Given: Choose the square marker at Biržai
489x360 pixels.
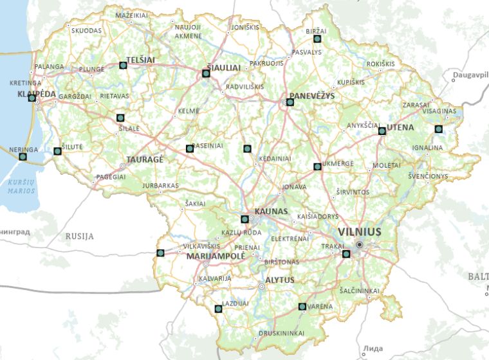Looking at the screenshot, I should [x=317, y=39].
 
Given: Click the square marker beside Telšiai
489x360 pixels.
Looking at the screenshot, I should [x=123, y=65].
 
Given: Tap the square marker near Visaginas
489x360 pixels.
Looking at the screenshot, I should [x=439, y=129].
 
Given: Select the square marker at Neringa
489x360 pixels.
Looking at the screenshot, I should [x=23, y=156].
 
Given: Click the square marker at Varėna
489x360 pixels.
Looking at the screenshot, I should [x=302, y=307].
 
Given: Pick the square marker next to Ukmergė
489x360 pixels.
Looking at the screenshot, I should [x=317, y=166].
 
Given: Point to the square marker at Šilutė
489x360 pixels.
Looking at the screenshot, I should [x=57, y=152].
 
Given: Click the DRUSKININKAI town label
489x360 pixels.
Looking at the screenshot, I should [x=281, y=333].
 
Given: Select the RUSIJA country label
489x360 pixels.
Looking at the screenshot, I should [x=79, y=237].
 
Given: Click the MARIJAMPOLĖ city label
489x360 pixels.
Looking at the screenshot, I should [x=215, y=256].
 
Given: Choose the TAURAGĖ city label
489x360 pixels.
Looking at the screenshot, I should [x=145, y=158].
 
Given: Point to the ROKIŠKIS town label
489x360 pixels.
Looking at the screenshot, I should [x=380, y=64].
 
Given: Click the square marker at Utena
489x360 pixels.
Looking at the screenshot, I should [x=382, y=130].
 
